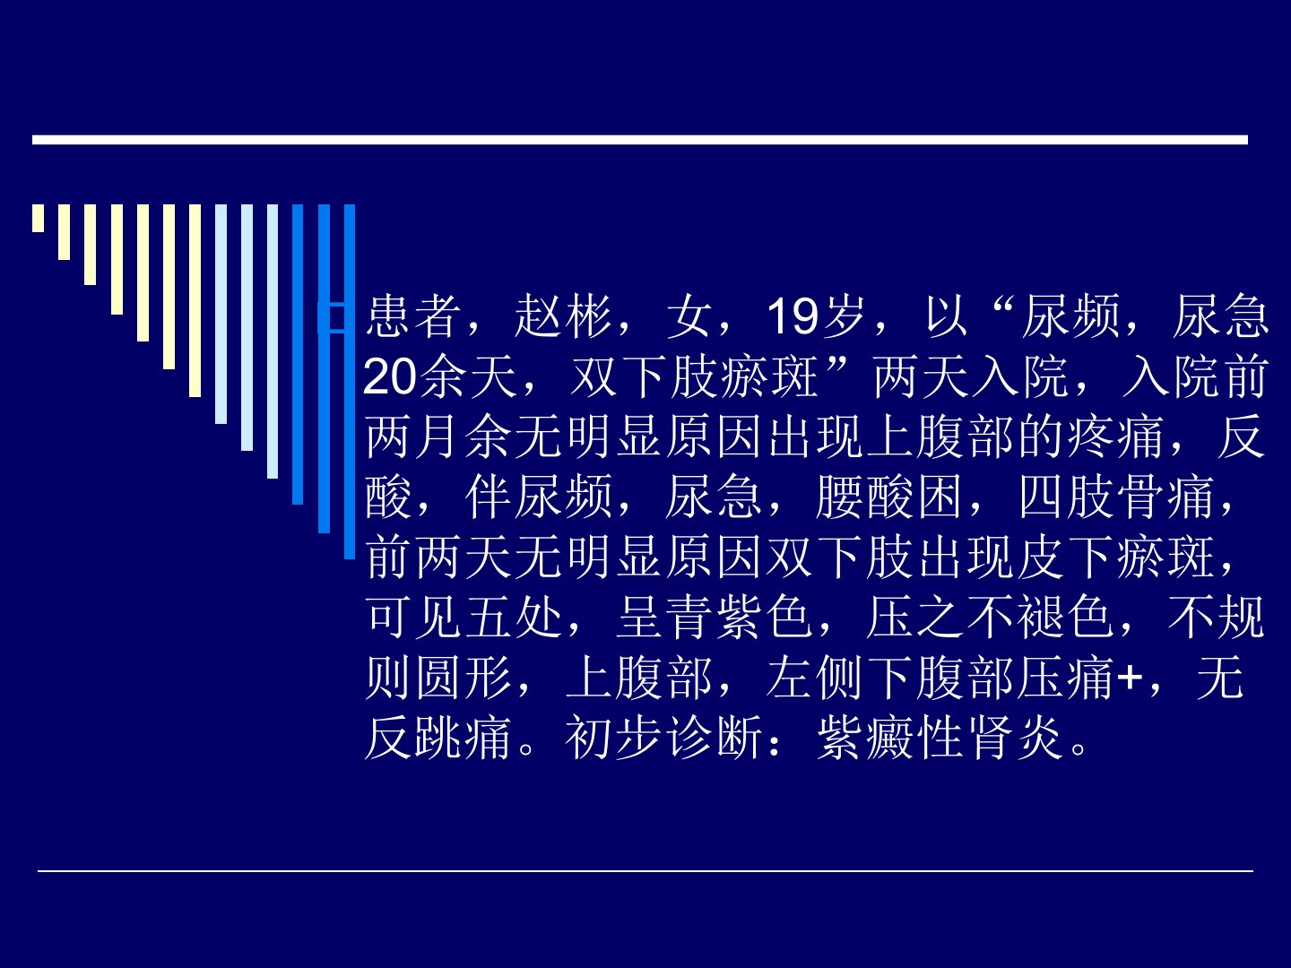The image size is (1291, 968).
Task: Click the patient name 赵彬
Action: pos(563,316)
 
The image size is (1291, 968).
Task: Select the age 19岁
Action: pos(816,316)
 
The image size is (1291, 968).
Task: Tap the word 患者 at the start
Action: pos(413,316)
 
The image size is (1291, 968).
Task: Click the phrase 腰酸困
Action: pos(889,497)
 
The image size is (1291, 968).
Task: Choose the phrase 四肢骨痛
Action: pos(1116,497)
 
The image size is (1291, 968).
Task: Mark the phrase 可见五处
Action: pos(464,618)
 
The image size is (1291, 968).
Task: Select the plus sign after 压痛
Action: pos(1130,678)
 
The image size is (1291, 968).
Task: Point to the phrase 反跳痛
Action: pos(438,738)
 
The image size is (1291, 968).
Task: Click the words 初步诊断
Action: pos(664,738)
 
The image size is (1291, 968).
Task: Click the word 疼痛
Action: pos(1116,437)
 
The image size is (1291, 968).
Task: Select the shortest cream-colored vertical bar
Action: pos(39,218)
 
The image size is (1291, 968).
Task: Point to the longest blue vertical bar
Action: pos(350,382)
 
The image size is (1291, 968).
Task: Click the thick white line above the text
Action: pos(640,140)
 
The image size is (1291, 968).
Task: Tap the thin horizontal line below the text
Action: pos(645,870)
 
